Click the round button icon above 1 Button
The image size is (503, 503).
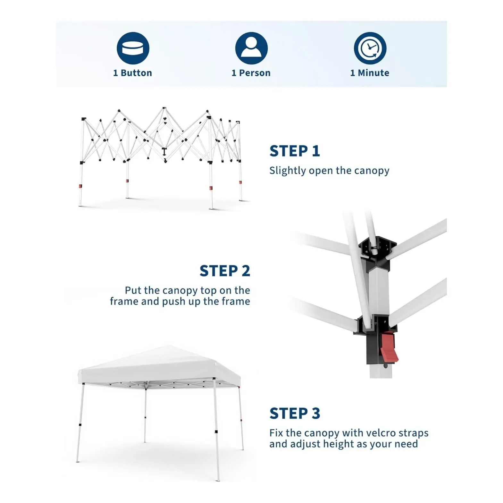click(133, 48)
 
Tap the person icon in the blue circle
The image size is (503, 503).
click(251, 48)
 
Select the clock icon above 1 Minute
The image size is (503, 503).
click(370, 48)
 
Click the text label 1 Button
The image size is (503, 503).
click(132, 73)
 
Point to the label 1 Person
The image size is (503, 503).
click(251, 73)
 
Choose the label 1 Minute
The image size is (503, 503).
click(370, 73)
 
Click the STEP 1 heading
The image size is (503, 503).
click(295, 151)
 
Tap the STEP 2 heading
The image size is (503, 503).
click(225, 271)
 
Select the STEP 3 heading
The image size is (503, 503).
click(295, 413)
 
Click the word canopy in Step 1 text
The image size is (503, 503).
click(372, 171)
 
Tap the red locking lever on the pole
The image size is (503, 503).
click(389, 347)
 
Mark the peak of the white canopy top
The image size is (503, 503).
click(168, 346)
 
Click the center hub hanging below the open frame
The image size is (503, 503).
click(164, 152)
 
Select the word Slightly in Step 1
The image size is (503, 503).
click(288, 171)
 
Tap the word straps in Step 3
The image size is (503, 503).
click(414, 433)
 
